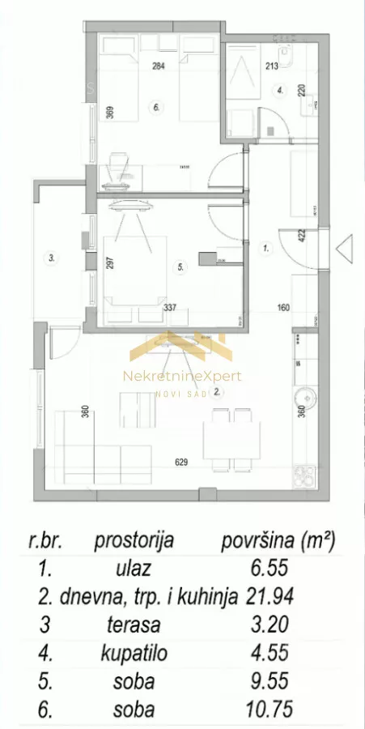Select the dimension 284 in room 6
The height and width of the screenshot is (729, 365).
[x=159, y=68]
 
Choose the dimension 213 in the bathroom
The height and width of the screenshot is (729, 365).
[x=271, y=68]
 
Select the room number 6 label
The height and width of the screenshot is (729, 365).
[x=155, y=105]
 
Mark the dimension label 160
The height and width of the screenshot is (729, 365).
[x=282, y=308]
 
